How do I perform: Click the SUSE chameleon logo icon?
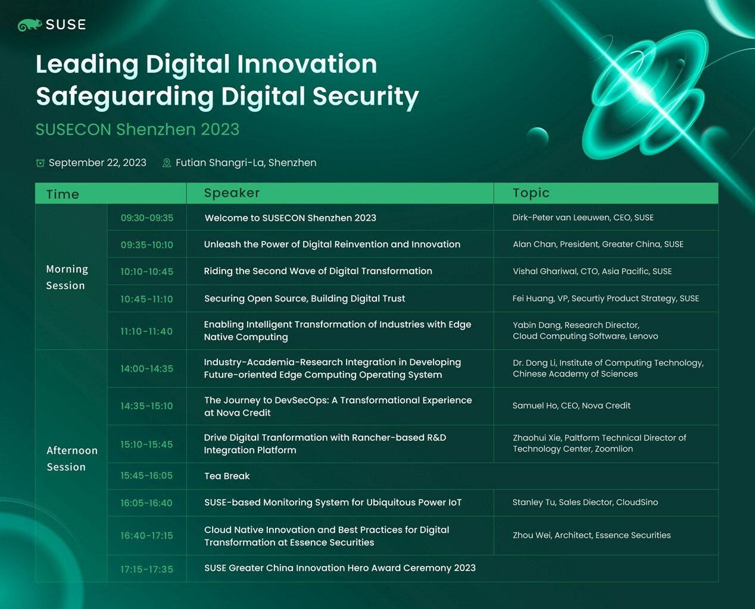[30, 25]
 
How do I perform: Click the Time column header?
[63, 194]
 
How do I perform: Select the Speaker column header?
[232, 193]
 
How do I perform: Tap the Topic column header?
[531, 193]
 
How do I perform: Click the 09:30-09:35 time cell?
[146, 218]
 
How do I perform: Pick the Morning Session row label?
[67, 277]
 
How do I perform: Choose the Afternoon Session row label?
[72, 459]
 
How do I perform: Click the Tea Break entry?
[227, 476]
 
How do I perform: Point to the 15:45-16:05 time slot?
[146, 476]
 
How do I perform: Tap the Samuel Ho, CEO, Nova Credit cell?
[572, 406]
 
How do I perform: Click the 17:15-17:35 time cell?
[146, 569]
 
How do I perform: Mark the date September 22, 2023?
[98, 162]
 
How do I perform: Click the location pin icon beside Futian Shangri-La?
[166, 163]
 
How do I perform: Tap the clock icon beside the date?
[40, 163]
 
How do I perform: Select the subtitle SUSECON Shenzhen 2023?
[138, 129]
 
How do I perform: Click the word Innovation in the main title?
[307, 64]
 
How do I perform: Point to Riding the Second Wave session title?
[318, 271]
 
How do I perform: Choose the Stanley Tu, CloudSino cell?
[585, 502]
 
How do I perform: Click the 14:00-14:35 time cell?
[146, 369]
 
